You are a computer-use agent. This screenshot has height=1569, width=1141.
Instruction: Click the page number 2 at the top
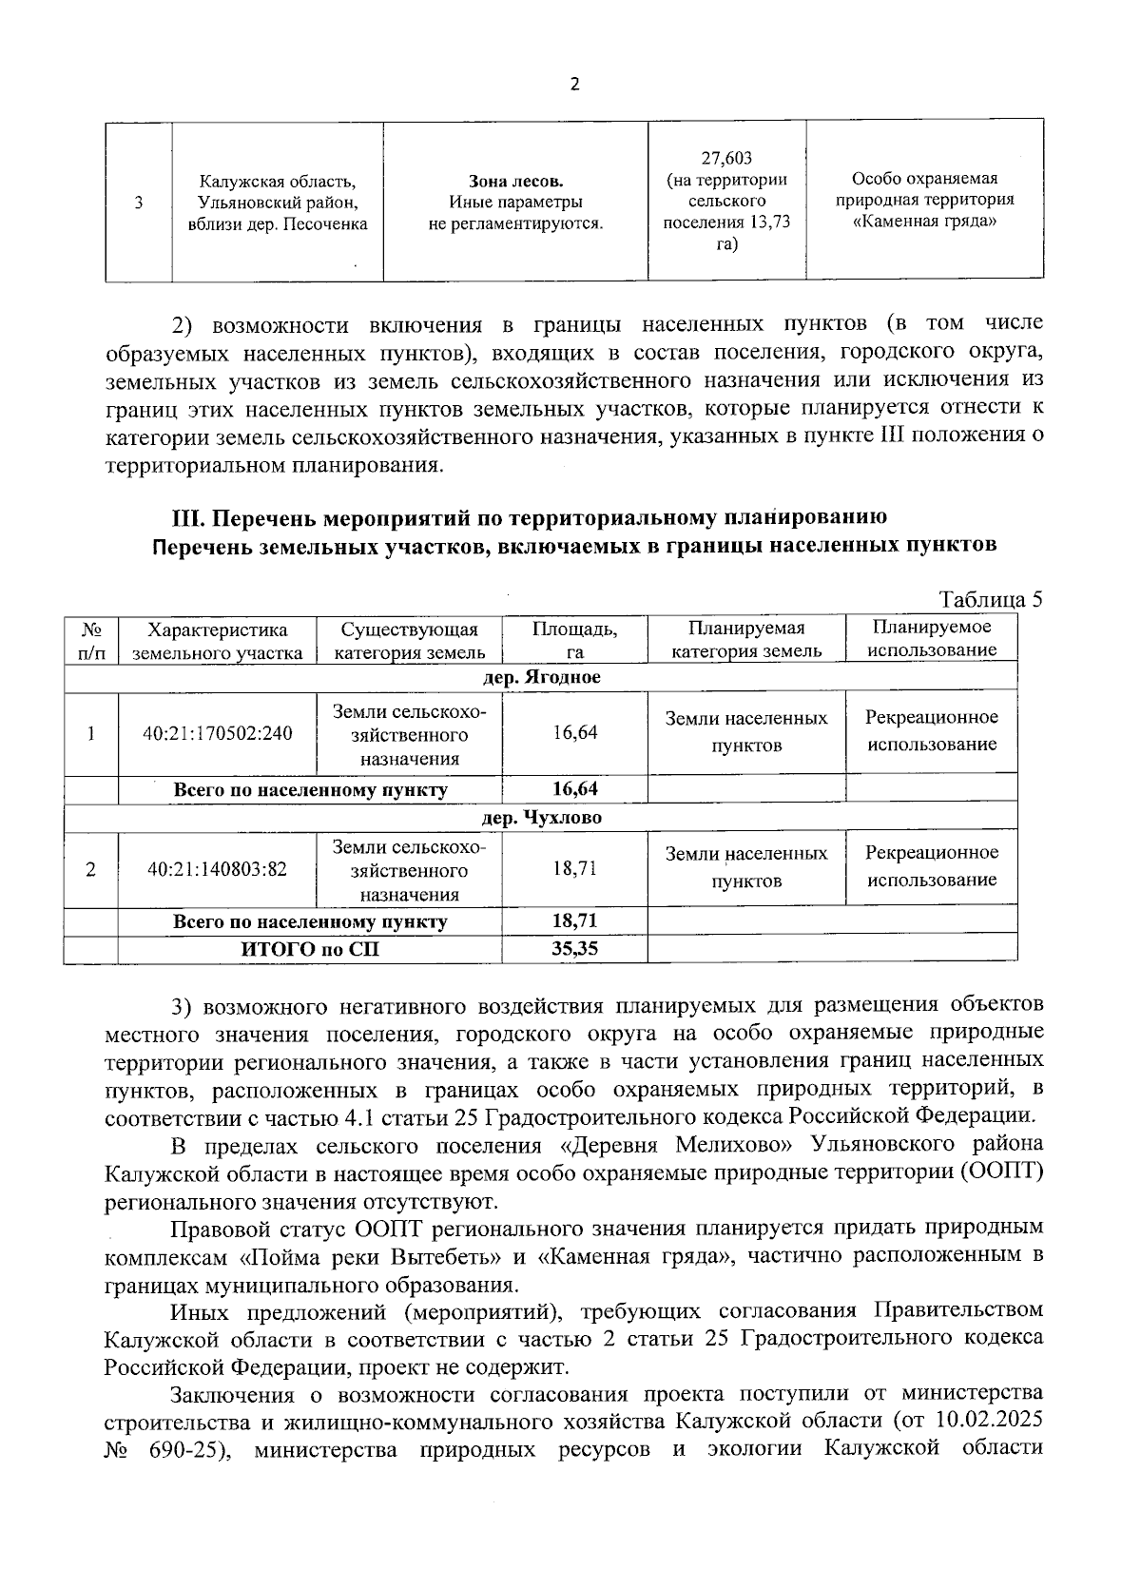point(573,85)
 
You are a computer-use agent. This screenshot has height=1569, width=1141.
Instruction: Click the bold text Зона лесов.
point(515,181)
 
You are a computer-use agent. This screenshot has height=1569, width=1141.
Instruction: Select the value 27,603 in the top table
point(726,158)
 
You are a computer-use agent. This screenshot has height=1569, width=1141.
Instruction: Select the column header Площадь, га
point(574,640)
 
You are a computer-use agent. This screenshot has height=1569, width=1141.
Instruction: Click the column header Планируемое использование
point(931,638)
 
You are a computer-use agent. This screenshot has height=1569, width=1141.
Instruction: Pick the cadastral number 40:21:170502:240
point(218,733)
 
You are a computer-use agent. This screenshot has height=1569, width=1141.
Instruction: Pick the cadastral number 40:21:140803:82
point(218,869)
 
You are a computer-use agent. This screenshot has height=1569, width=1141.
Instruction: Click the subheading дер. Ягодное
point(542,678)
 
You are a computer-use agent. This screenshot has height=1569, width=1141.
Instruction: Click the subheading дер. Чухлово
point(542,818)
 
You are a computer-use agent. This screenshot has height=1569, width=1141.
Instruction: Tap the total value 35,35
point(574,948)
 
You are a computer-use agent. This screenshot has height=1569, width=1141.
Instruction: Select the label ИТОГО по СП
point(310,948)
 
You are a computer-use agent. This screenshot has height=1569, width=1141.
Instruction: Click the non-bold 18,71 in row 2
point(574,869)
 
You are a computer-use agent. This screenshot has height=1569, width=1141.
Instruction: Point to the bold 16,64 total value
point(574,789)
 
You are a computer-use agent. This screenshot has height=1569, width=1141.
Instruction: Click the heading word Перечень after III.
point(267,518)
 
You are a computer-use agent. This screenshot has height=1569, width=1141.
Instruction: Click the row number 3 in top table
point(139,202)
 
